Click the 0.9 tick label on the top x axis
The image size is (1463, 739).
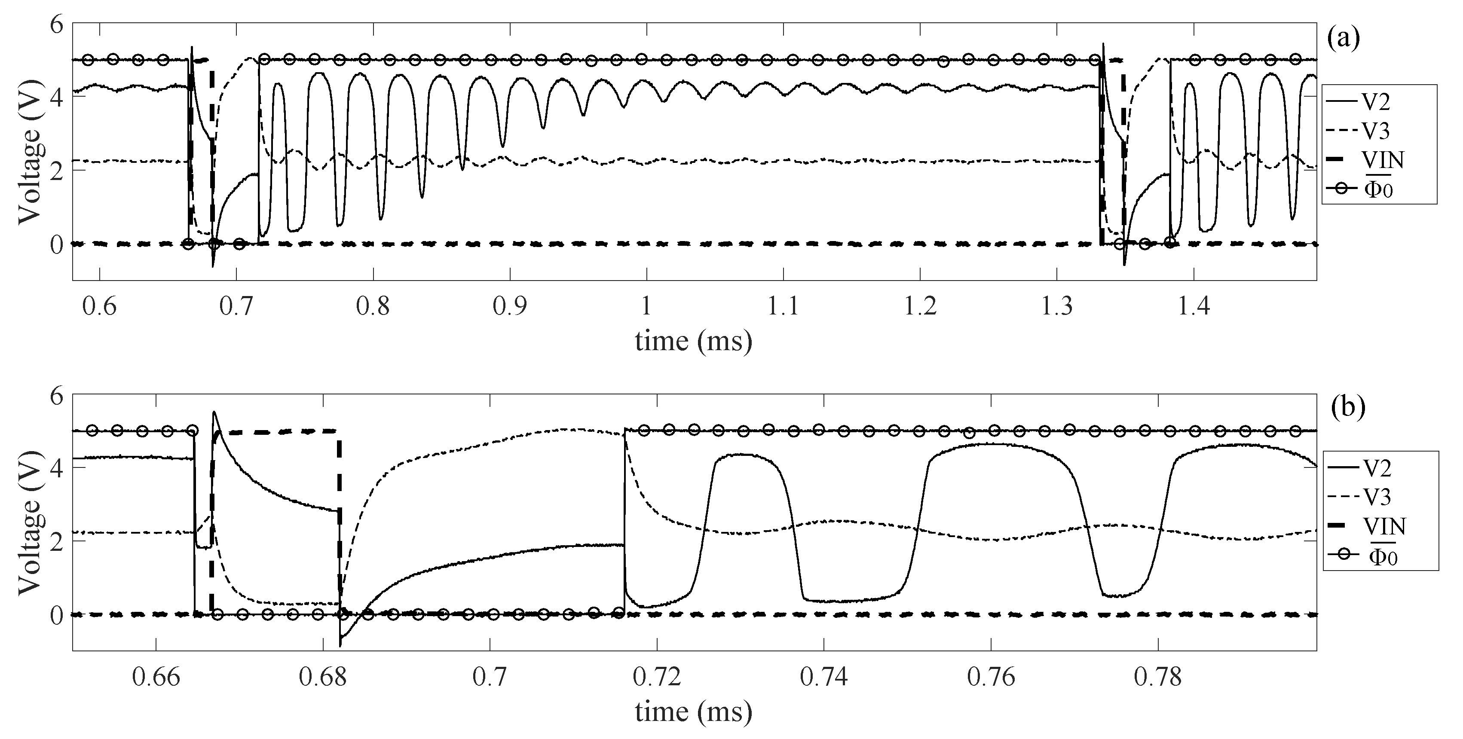click(510, 306)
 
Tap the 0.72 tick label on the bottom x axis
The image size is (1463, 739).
click(657, 677)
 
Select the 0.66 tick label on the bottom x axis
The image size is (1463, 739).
click(156, 677)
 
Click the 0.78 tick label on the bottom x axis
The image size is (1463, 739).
click(1158, 677)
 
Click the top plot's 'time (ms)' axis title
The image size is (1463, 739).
click(693, 341)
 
